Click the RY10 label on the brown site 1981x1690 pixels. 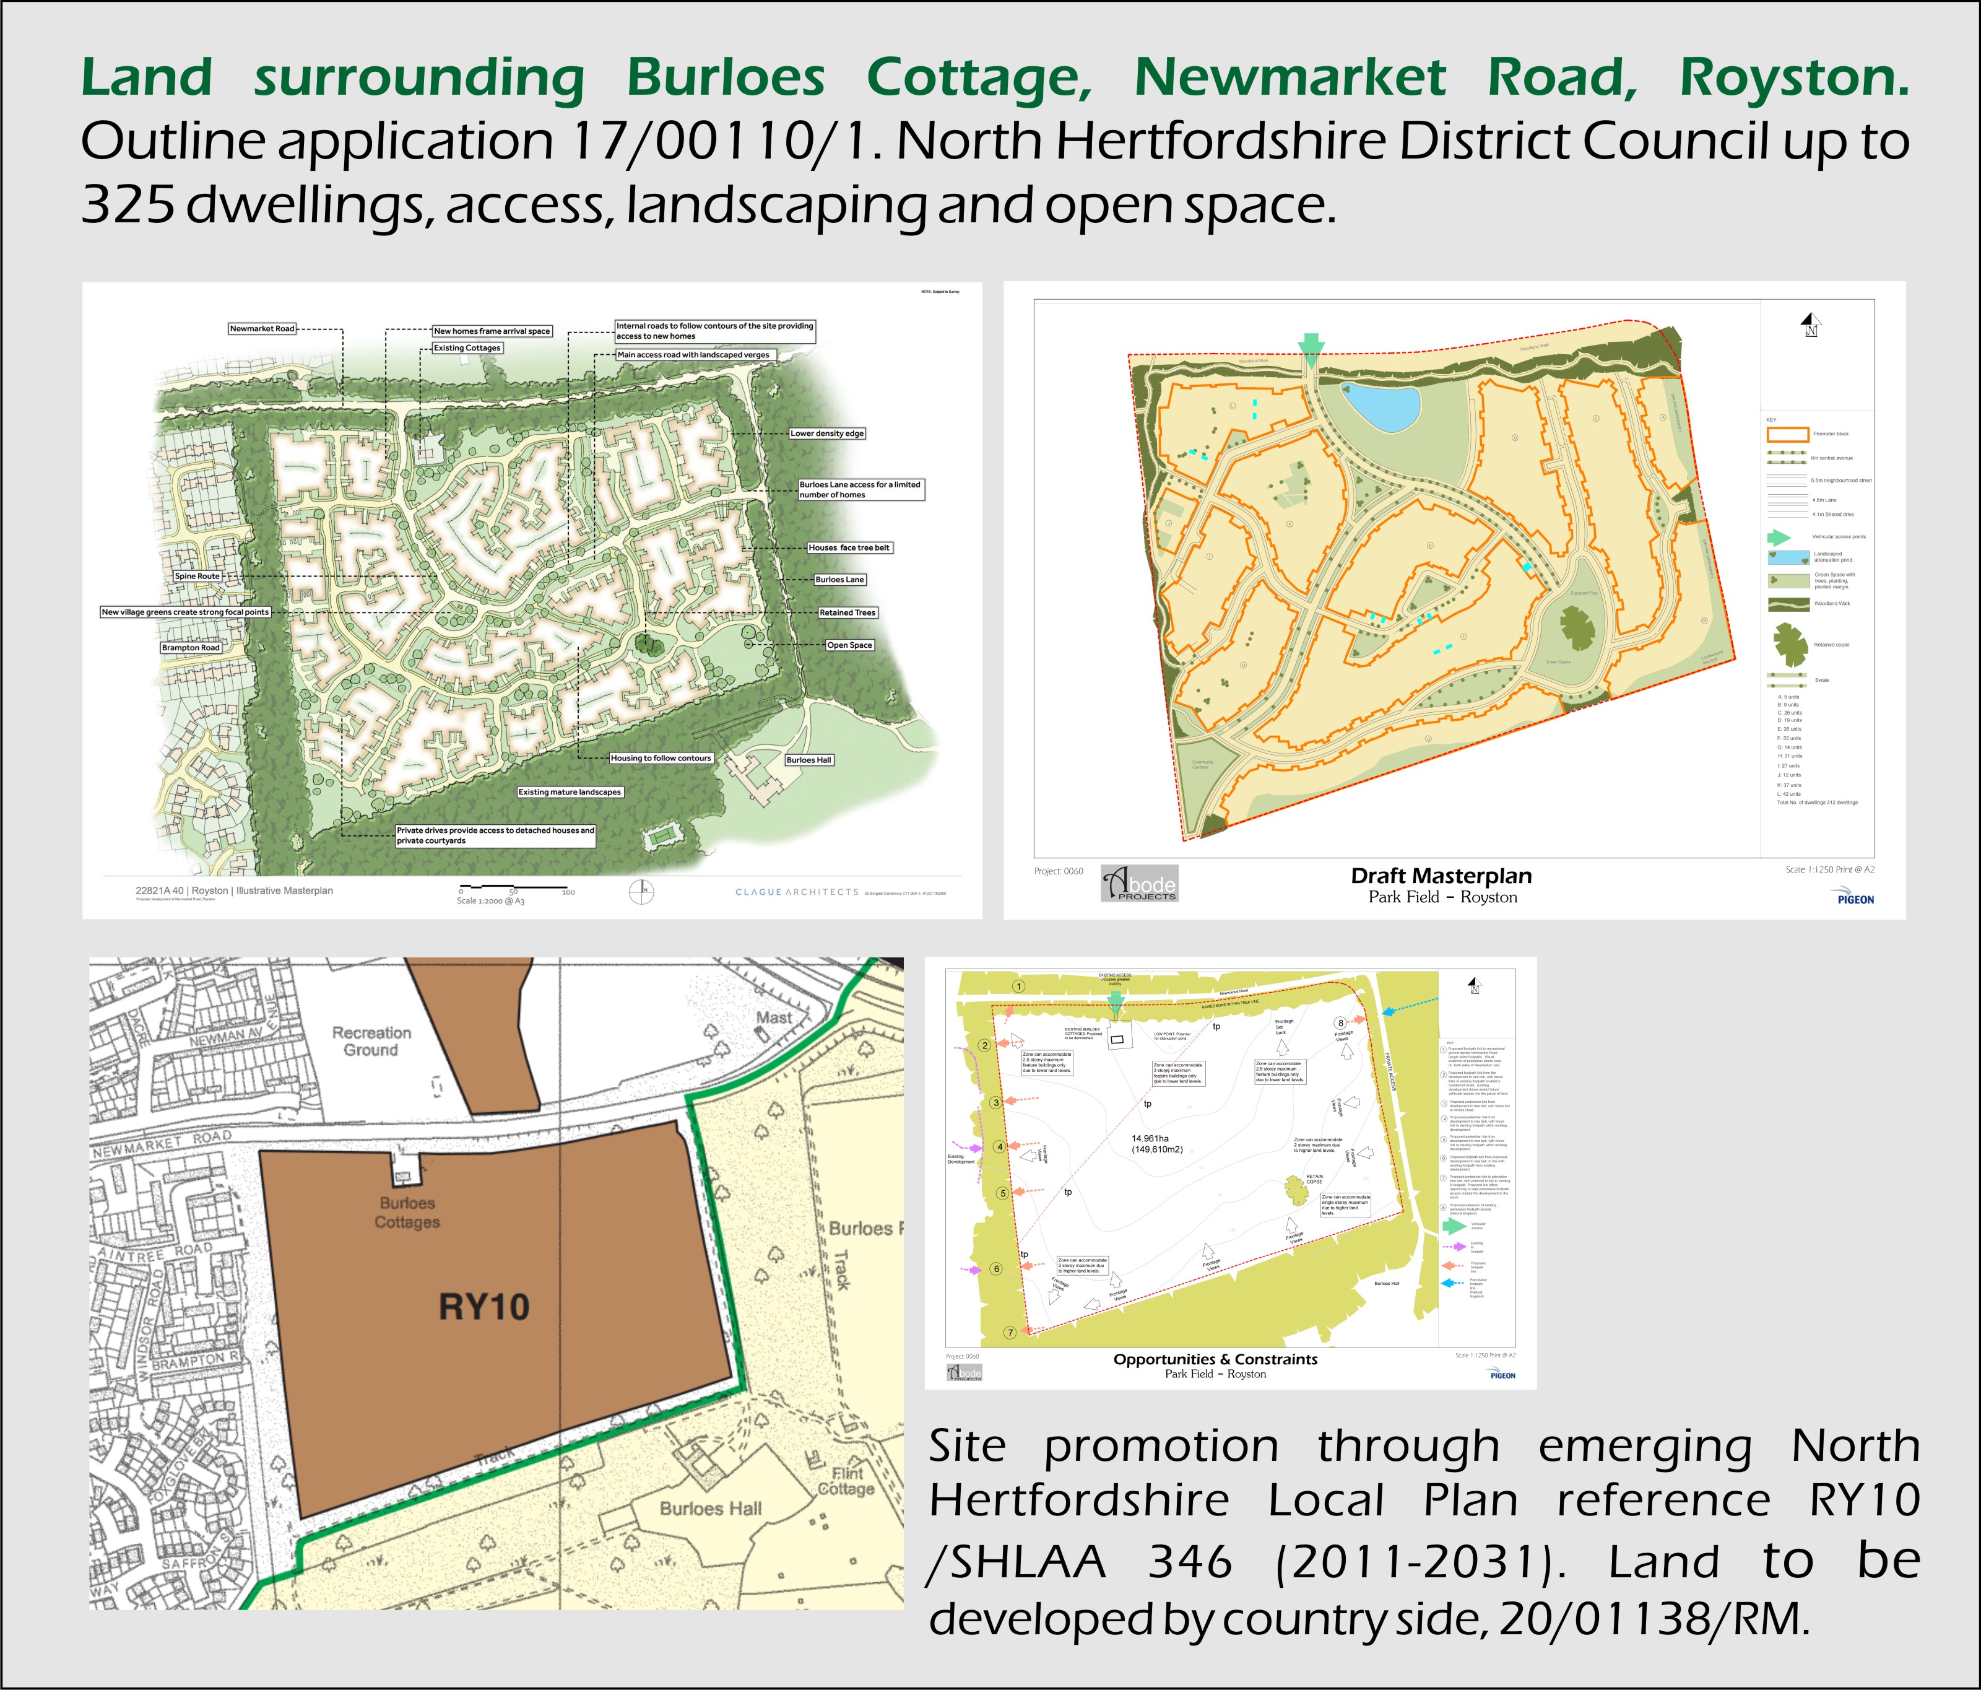(x=483, y=1307)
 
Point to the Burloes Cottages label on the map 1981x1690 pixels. (x=407, y=1212)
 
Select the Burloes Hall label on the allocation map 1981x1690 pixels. (x=710, y=1509)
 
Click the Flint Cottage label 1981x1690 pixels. (x=846, y=1481)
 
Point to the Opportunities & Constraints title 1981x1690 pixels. (x=1215, y=1359)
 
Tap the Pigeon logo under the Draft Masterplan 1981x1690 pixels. (x=1855, y=899)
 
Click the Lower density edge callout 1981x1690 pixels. (x=827, y=433)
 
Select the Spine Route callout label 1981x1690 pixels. (x=197, y=576)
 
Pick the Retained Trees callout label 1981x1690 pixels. (x=847, y=612)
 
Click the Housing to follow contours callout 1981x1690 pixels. (x=661, y=757)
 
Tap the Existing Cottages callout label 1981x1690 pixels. (x=467, y=348)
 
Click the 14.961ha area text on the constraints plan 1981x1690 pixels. (x=1157, y=1144)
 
